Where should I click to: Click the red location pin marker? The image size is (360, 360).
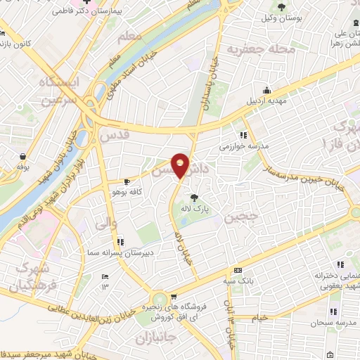tap(181, 165)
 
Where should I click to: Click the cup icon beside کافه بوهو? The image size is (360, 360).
tap(127, 181)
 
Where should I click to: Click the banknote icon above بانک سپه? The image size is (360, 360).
tap(238, 271)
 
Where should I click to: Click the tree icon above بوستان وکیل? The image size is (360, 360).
tap(281, 6)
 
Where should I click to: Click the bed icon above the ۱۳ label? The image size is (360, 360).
tap(105, 276)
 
